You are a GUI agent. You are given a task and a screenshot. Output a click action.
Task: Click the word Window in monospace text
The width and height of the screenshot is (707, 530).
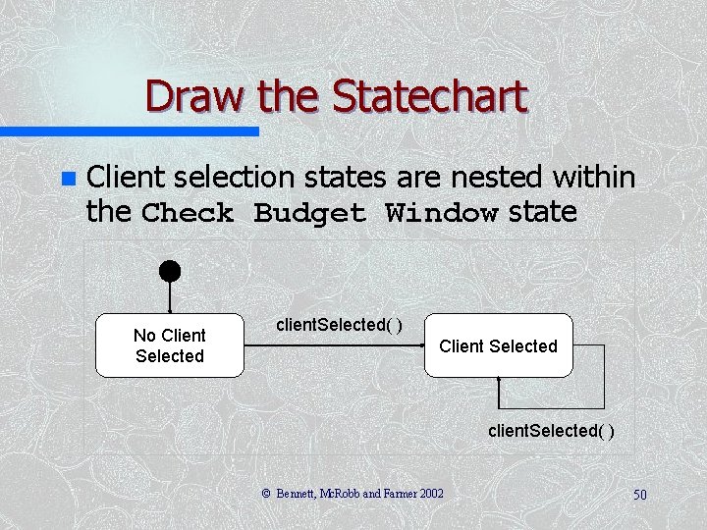(x=441, y=213)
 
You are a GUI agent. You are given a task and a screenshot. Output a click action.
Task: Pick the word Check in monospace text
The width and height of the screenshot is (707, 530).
(x=188, y=213)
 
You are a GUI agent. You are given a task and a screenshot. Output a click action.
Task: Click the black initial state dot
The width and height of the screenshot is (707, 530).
(x=170, y=271)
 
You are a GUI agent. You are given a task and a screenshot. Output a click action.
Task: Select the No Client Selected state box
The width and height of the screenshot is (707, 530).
(x=170, y=345)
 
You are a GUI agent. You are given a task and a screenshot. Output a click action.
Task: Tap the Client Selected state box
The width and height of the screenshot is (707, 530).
(x=498, y=345)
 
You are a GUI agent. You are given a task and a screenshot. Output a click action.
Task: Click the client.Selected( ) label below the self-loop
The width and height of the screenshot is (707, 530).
(x=553, y=431)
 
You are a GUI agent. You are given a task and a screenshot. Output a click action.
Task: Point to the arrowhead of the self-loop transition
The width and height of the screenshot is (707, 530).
(x=500, y=383)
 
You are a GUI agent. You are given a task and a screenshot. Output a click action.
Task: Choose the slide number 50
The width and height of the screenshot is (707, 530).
(x=639, y=495)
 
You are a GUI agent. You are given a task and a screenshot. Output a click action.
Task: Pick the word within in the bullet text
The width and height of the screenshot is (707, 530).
(x=593, y=177)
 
